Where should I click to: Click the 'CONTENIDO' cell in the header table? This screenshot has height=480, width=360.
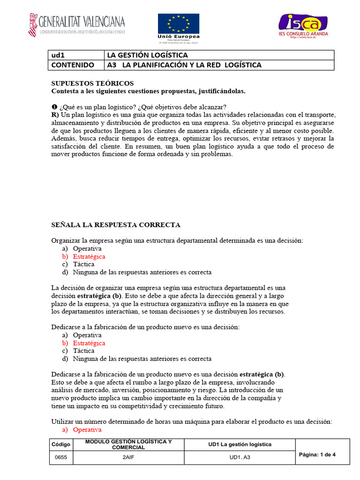click(72, 65)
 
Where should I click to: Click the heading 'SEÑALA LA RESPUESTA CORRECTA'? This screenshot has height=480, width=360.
click(115, 225)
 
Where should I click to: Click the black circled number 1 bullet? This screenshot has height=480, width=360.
click(54, 107)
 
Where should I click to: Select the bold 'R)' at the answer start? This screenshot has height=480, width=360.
click(55, 115)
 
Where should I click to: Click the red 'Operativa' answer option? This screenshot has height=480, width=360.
click(87, 430)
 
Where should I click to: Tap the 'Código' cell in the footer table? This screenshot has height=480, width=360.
click(60, 444)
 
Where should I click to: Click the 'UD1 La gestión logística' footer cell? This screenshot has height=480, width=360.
click(240, 444)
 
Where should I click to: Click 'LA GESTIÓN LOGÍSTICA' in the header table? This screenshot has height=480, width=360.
click(148, 55)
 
